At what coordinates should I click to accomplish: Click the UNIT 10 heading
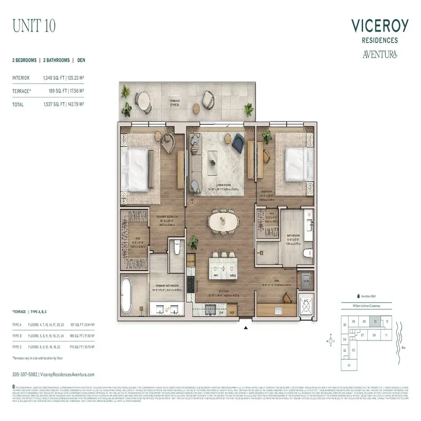tap(33, 25)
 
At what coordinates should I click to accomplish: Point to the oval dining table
tap(223, 222)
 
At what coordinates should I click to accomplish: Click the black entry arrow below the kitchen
tap(245, 328)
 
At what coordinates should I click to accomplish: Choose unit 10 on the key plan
tap(375, 322)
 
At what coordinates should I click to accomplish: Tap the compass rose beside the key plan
tap(331, 340)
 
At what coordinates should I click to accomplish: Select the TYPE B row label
tap(17, 335)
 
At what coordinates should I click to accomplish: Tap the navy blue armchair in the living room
tap(238, 141)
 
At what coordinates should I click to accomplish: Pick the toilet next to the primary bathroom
tap(177, 249)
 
